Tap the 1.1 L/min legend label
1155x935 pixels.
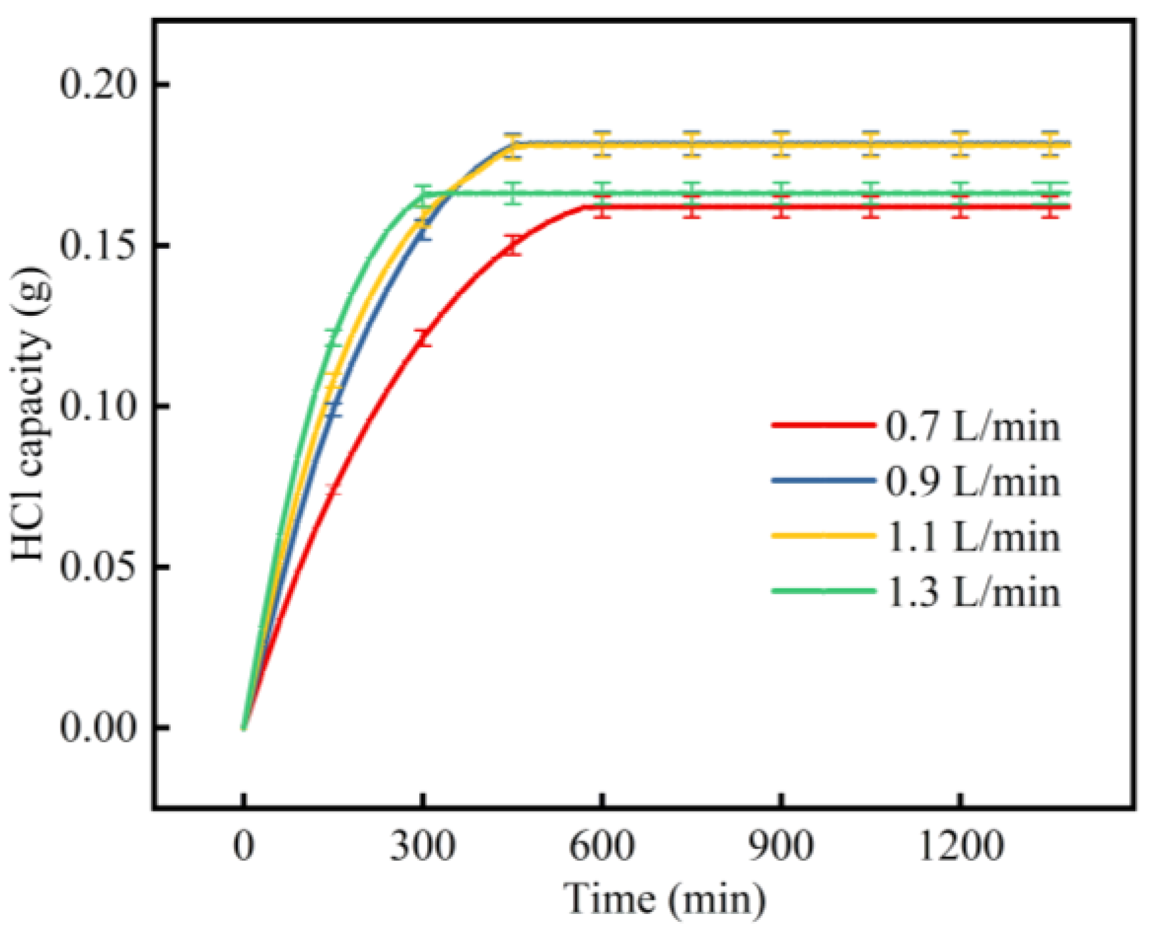973,536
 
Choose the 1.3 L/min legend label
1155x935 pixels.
973,592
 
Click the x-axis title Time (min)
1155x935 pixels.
665,899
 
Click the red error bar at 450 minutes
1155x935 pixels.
513,245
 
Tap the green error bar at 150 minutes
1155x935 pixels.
334,337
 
